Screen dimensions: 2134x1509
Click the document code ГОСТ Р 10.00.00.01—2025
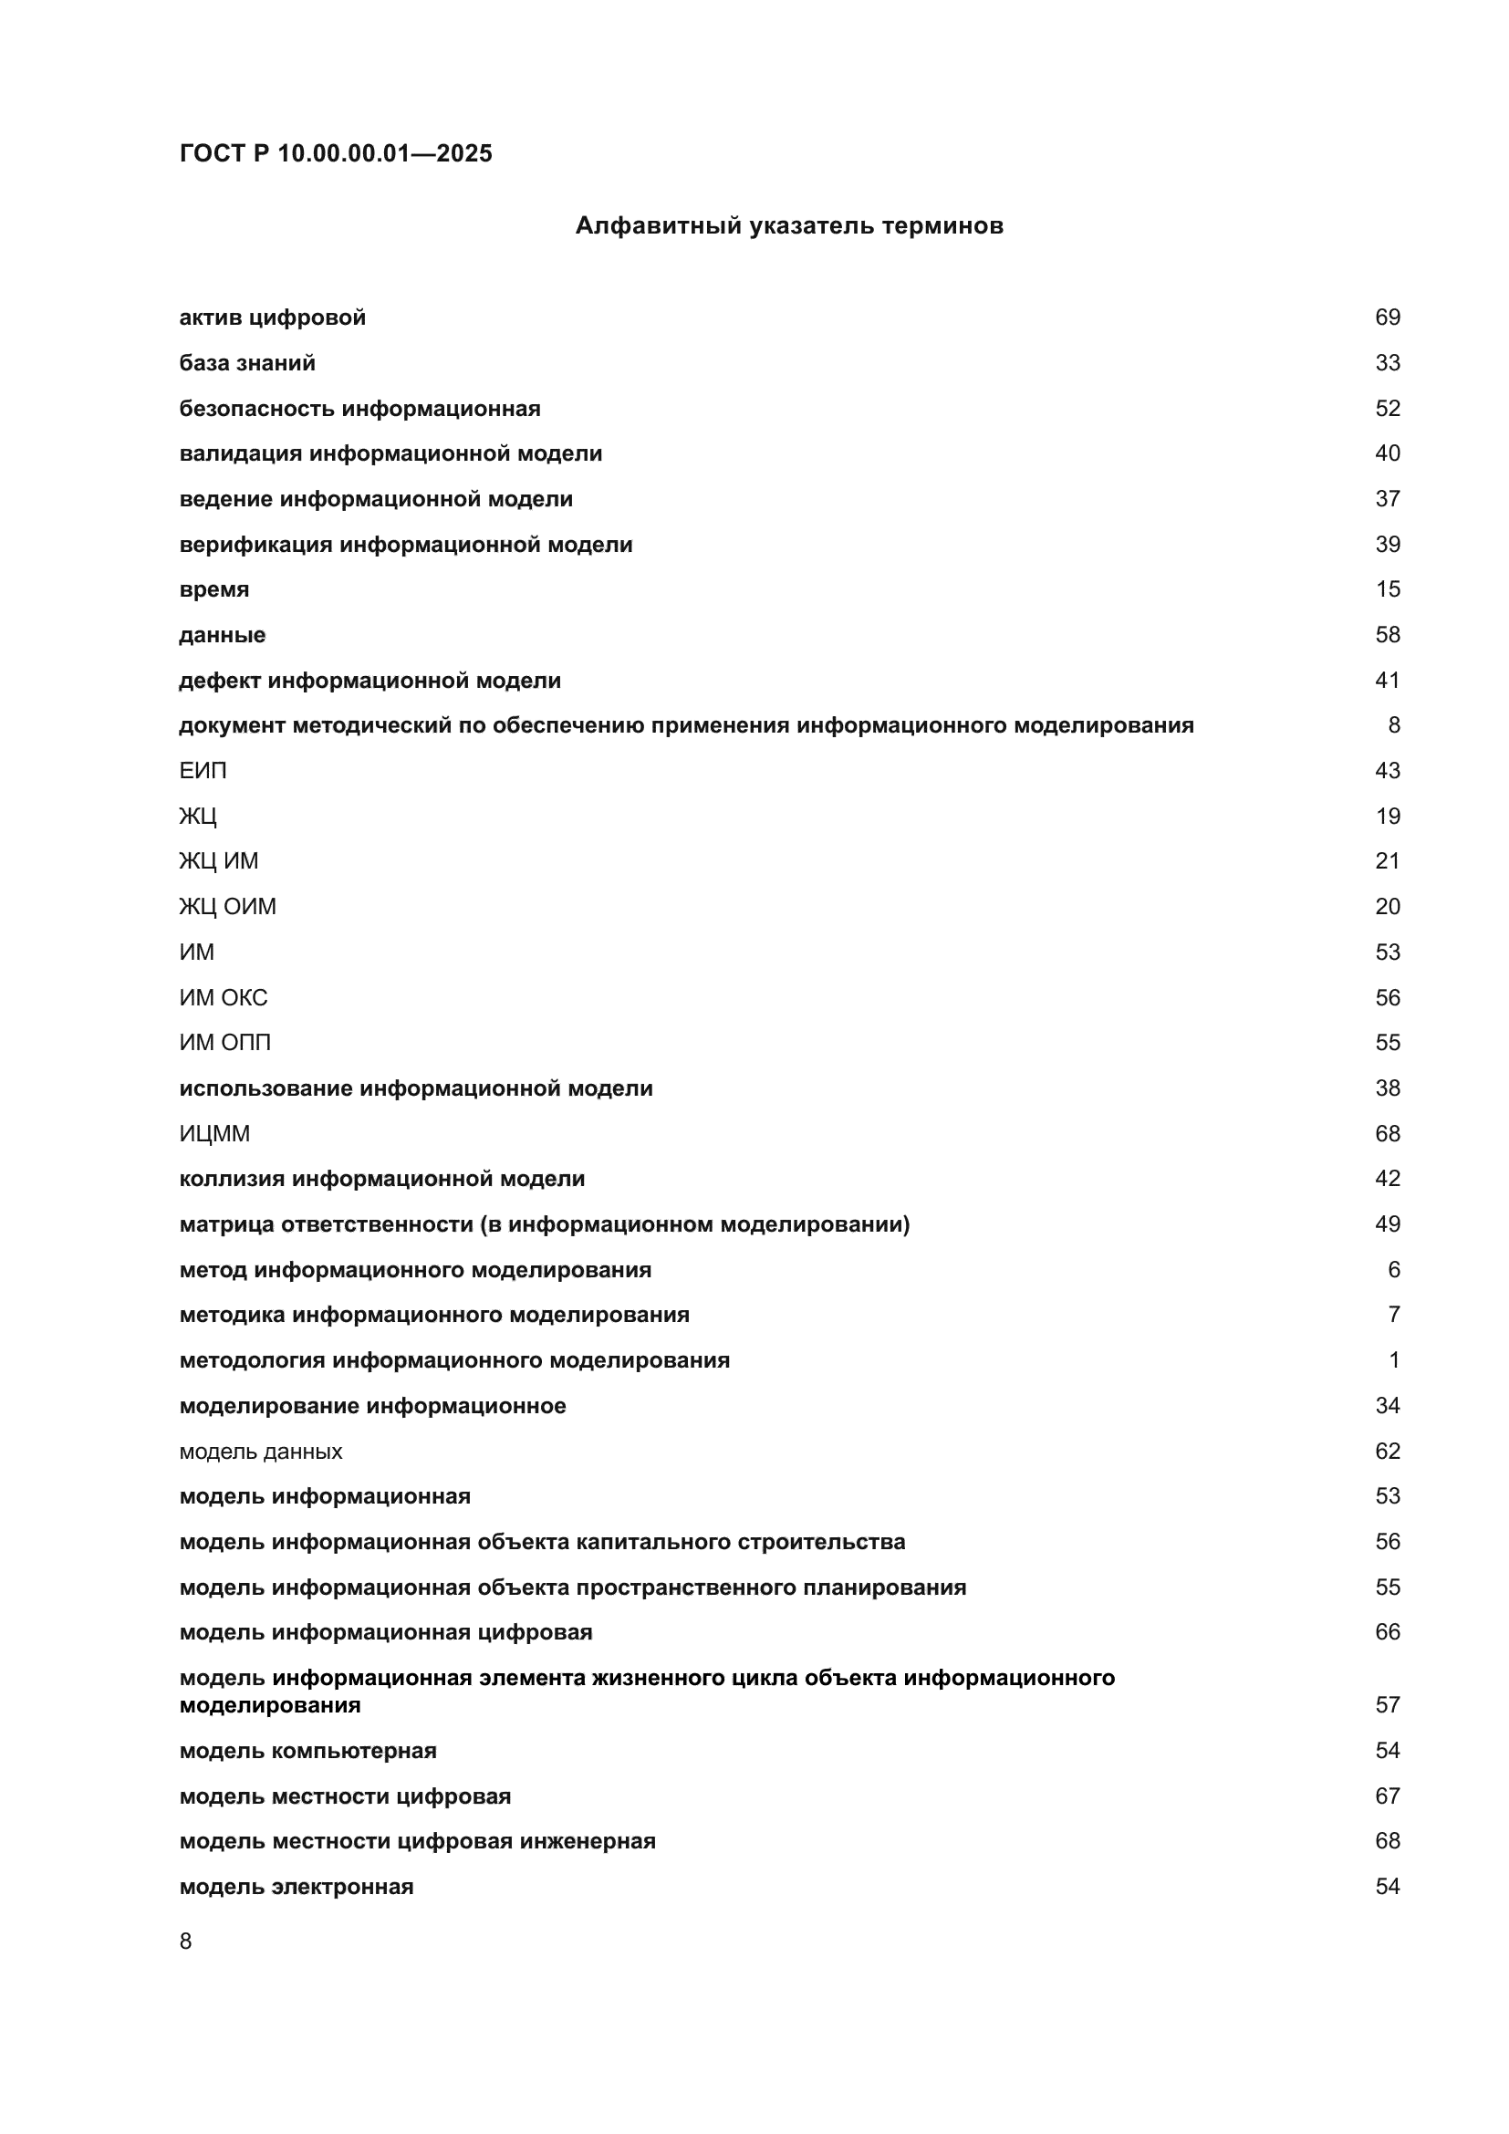click(336, 153)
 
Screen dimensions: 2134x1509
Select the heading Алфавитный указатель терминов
click(789, 226)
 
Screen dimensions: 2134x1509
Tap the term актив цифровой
click(272, 317)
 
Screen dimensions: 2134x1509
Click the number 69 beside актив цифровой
click(1387, 317)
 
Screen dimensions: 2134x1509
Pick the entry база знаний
click(247, 363)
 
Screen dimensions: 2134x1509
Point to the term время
click(213, 589)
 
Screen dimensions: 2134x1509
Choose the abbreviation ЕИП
click(203, 771)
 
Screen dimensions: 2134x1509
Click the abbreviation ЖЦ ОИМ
click(228, 906)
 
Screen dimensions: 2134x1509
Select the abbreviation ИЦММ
click(214, 1134)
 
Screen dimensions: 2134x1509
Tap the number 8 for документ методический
click(1393, 725)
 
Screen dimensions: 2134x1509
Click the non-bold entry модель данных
click(260, 1451)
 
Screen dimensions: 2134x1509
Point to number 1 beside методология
click(1393, 1360)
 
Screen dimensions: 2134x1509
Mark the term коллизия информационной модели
click(382, 1179)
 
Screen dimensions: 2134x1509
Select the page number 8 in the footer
click(186, 1941)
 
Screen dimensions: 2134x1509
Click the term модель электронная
click(297, 1887)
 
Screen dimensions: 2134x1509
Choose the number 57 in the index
click(1387, 1704)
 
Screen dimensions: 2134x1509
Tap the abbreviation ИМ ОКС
click(223, 997)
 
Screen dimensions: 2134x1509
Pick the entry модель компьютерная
click(307, 1751)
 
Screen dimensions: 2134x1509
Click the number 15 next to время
click(1387, 589)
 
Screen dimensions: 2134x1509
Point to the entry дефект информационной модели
click(369, 681)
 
